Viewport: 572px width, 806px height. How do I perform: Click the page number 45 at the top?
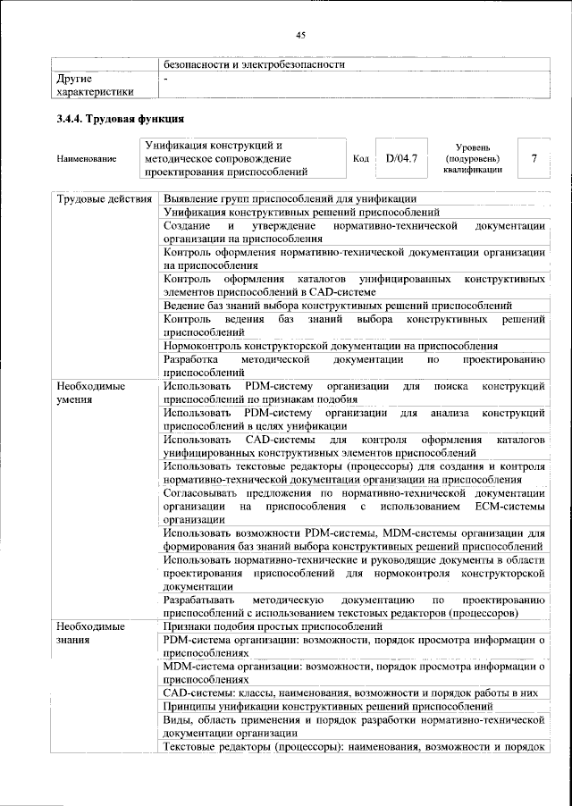tap(300, 35)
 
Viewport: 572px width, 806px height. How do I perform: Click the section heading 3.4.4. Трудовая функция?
tap(120, 118)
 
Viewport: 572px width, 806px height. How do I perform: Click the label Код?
tap(361, 159)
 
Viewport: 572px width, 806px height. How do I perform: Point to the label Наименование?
tap(86, 159)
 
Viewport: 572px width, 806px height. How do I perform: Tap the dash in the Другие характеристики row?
tap(166, 79)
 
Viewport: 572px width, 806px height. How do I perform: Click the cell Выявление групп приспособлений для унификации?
tap(290, 198)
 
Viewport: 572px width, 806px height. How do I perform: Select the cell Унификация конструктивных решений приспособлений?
tap(301, 213)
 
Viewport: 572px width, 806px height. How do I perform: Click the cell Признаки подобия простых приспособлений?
tap(279, 627)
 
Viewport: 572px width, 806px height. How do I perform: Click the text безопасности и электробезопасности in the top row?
tap(254, 64)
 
